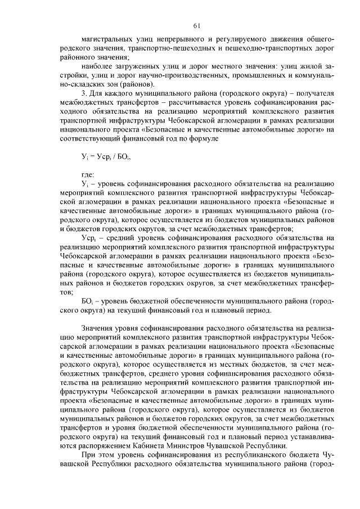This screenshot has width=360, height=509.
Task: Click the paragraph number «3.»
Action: coord(84,92)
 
